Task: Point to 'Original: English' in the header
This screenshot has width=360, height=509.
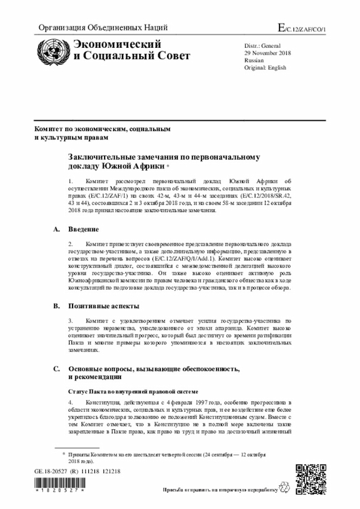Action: coord(265,67)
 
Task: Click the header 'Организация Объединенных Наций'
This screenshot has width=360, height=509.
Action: coord(102,28)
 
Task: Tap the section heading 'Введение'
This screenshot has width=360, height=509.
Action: coord(84,229)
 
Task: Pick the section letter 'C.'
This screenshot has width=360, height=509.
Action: coord(56,368)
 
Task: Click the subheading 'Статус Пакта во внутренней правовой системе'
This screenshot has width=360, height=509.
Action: coord(133,390)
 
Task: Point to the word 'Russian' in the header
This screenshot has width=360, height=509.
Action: coord(254,60)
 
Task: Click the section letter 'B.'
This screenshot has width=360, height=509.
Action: coord(56,307)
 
